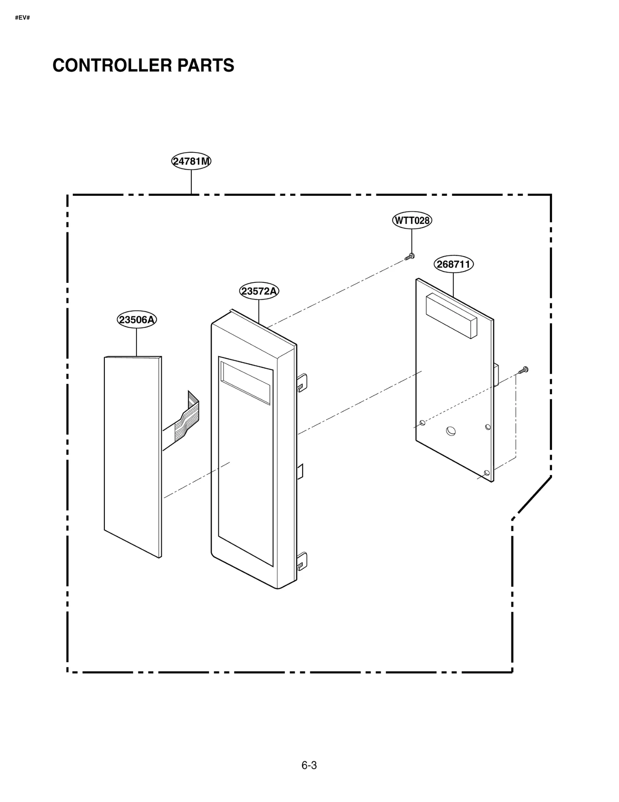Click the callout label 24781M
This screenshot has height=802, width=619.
pyautogui.click(x=191, y=161)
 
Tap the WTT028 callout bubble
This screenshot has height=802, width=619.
pyautogui.click(x=412, y=220)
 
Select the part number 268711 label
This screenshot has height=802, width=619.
pyautogui.click(x=453, y=264)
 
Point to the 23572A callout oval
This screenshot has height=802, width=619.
pyautogui.click(x=259, y=291)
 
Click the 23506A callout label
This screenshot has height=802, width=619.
pyautogui.click(x=137, y=320)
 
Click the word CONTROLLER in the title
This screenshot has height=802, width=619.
pyautogui.click(x=112, y=65)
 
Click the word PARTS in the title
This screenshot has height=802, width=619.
pyautogui.click(x=205, y=65)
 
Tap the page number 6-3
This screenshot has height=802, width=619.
pyautogui.click(x=309, y=765)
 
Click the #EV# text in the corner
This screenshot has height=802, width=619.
pyautogui.click(x=22, y=18)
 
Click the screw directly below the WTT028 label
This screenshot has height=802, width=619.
pyautogui.click(x=410, y=256)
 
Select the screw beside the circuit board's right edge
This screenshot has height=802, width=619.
pyautogui.click(x=523, y=370)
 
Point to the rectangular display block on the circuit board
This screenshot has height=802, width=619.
pyautogui.click(x=451, y=316)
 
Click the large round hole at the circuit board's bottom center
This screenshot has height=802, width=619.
pyautogui.click(x=451, y=431)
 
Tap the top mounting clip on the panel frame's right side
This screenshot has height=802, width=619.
pyautogui.click(x=302, y=382)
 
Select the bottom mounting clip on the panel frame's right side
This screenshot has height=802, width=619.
pyautogui.click(x=302, y=561)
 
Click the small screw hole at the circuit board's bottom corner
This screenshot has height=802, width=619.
pyautogui.click(x=487, y=473)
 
